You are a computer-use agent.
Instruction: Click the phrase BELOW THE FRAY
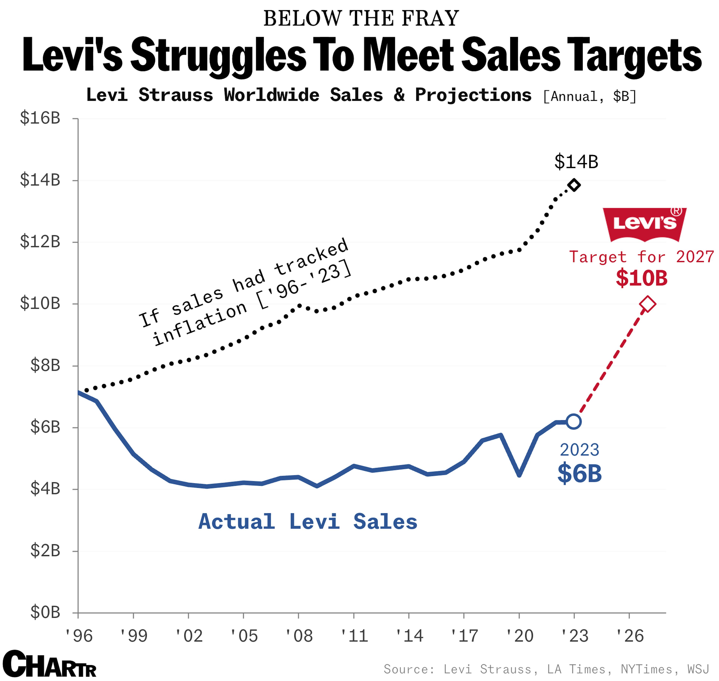coord(361,18)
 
